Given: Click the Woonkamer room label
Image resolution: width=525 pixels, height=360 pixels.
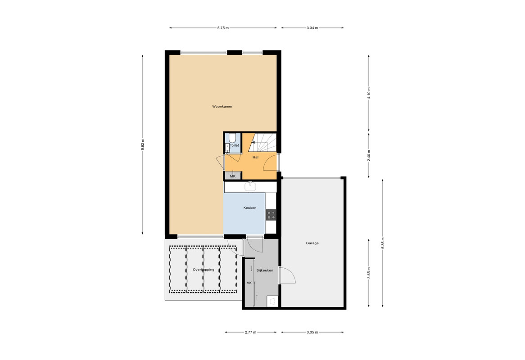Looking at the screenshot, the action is click(222, 107).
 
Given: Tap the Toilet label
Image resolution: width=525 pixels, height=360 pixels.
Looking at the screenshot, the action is click(235, 146).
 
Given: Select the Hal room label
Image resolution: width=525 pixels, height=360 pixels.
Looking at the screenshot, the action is click(255, 157).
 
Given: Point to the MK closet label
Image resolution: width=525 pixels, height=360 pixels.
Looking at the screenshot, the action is click(233, 176).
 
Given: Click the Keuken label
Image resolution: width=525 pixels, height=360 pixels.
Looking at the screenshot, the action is click(250, 208).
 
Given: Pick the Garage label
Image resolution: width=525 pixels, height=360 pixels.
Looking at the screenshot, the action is click(312, 243).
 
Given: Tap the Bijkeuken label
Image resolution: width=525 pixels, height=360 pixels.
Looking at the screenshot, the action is click(265, 270).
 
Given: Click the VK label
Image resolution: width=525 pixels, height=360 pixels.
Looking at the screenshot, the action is click(249, 283).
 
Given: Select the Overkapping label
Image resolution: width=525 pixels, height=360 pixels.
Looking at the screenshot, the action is click(203, 270).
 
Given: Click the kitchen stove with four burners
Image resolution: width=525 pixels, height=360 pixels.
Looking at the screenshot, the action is click(271, 215).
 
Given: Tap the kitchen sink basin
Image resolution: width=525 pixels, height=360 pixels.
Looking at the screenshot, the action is click(250, 187).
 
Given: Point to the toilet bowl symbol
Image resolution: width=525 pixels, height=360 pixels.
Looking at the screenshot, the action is click(233, 138).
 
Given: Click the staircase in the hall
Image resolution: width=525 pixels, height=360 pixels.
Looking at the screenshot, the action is click(264, 143).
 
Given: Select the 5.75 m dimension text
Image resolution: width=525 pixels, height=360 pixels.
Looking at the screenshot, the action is click(223, 28).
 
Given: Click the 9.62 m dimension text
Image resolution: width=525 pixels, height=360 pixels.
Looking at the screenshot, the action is click(143, 144).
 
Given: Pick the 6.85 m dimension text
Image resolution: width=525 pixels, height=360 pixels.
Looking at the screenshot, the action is click(383, 243).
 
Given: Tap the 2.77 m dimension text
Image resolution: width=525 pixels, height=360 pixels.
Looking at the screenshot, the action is click(250, 332).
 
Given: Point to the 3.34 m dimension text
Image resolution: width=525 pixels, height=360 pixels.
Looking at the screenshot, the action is click(312, 28).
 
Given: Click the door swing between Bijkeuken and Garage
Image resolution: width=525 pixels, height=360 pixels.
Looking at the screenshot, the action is click(287, 275).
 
